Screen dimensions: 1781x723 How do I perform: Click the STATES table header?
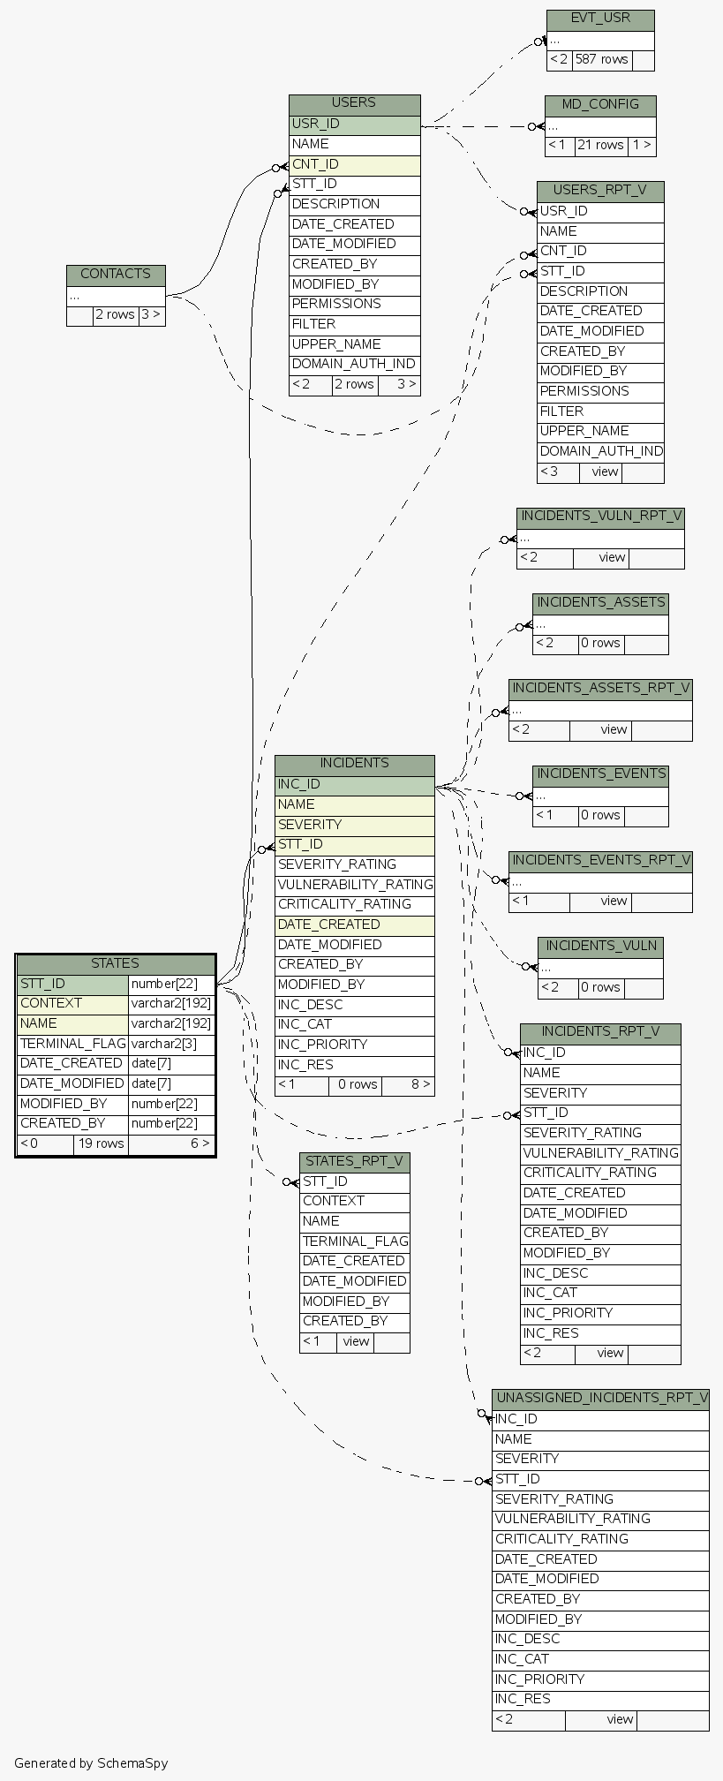(x=116, y=963)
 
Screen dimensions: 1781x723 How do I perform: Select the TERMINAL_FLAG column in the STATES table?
(x=72, y=1044)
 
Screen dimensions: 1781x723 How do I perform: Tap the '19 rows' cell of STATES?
(x=101, y=1143)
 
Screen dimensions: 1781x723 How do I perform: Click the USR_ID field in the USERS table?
(x=354, y=125)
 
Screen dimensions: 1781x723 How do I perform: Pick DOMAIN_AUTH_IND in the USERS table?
(x=354, y=364)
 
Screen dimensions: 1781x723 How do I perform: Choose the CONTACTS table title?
(x=116, y=275)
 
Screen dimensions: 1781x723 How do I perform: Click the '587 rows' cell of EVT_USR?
(x=601, y=60)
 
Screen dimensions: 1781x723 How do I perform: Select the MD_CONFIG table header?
(x=600, y=105)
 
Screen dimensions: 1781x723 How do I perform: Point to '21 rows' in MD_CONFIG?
(x=600, y=146)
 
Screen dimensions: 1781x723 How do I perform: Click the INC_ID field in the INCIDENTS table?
(x=354, y=784)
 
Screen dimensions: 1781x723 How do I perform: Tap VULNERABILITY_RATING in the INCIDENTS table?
(x=355, y=885)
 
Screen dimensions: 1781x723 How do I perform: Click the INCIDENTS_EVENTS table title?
(x=600, y=774)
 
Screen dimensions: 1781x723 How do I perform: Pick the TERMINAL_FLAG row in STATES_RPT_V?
(x=355, y=1241)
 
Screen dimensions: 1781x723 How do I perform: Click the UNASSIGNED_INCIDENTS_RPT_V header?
(x=600, y=1399)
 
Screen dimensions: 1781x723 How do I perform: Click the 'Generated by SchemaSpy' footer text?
(x=91, y=1763)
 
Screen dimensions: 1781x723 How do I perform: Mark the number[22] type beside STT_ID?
(x=171, y=984)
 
